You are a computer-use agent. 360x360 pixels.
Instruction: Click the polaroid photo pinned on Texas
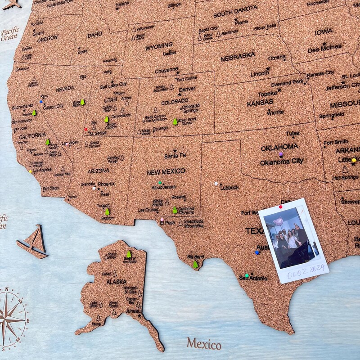tap(293, 240)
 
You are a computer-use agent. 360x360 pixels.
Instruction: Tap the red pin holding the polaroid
tap(280, 207)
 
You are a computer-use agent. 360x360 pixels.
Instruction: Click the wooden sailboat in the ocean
tap(34, 242)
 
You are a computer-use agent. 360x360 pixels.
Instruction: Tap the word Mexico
tap(204, 344)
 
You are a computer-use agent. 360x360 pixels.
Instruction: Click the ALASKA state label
tap(116, 282)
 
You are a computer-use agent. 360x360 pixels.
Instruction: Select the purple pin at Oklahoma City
tap(281, 154)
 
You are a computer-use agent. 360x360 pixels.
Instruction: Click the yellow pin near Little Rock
tap(354, 160)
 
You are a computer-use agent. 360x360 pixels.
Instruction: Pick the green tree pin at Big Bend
tap(195, 265)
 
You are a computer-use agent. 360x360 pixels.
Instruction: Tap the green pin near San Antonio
tap(247, 275)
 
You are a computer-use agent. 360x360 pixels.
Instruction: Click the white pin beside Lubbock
tap(216, 184)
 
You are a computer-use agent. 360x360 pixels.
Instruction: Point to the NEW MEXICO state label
tap(166, 171)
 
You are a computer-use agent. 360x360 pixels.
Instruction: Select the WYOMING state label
tap(159, 45)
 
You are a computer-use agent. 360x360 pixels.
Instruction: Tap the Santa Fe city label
tap(175, 156)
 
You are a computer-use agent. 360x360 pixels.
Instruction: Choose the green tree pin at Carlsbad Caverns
tap(175, 210)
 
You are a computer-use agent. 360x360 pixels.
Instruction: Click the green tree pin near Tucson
tap(107, 211)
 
